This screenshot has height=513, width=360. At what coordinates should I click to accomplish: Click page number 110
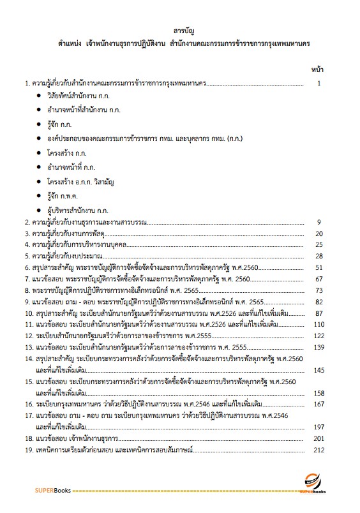tap(319, 325)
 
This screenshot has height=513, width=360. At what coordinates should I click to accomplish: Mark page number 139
tap(319, 348)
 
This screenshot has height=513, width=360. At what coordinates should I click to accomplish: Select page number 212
tap(319, 450)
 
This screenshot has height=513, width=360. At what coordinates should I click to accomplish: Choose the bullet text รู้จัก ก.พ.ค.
tap(64, 197)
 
